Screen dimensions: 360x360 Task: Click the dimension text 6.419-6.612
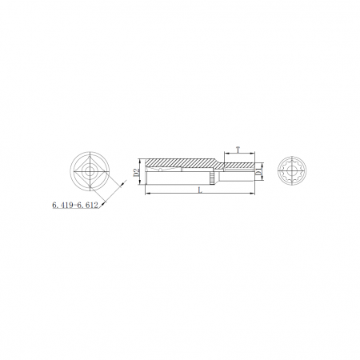click(x=75, y=205)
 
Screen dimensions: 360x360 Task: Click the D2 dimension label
click(x=137, y=172)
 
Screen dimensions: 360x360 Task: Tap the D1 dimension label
click(x=258, y=171)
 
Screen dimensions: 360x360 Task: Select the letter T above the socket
click(x=238, y=150)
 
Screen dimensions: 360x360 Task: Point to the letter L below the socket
click(x=200, y=190)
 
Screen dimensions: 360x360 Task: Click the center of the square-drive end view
click(x=90, y=171)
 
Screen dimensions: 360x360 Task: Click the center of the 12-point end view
click(x=292, y=170)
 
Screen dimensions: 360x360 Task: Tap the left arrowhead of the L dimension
click(x=147, y=194)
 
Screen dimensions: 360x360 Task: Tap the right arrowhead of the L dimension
click(x=253, y=194)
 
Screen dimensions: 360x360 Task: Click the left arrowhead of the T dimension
click(x=226, y=154)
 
